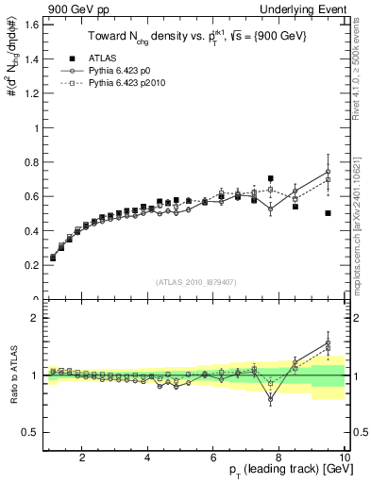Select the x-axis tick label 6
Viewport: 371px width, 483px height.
[x=213, y=458]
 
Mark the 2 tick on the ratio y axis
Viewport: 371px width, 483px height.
[x=36, y=318]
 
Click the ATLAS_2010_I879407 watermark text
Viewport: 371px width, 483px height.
[x=194, y=281]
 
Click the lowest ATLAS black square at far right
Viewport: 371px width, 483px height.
[x=328, y=213]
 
